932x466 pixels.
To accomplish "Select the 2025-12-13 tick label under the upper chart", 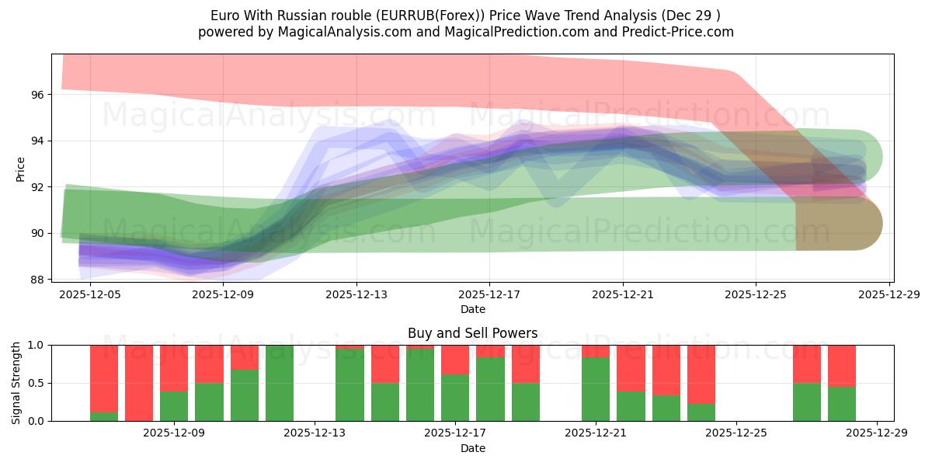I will [356, 294].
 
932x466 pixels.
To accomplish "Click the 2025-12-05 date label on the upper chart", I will [90, 294].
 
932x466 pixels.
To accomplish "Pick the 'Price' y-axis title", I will [21, 169].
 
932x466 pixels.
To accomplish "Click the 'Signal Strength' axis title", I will [17, 383].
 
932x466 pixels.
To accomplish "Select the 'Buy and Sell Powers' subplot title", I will [472, 333].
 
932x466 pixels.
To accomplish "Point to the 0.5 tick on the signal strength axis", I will [37, 383].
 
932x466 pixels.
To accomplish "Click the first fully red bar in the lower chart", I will [139, 383].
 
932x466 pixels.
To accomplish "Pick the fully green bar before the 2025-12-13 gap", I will [280, 383].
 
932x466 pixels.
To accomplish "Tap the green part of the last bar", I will [842, 404].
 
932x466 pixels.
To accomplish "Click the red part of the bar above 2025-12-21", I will [595, 350].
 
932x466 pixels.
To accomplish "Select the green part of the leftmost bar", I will [104, 416].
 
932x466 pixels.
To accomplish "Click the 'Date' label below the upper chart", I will [472, 309].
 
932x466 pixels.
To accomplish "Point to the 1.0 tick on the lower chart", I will [37, 345].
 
